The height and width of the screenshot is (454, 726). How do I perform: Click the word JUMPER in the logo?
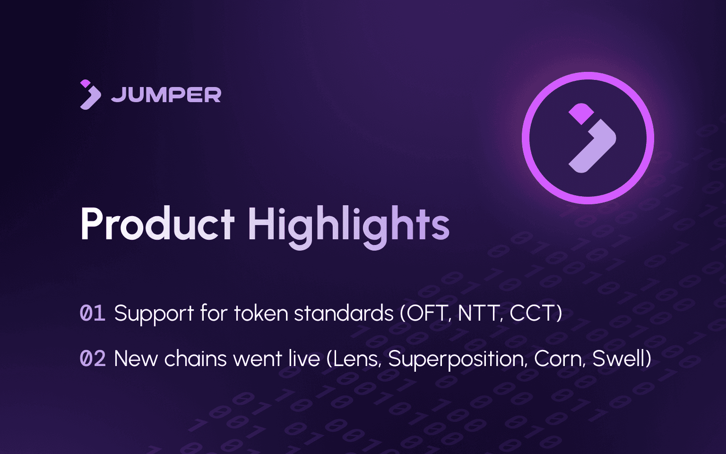[166, 95]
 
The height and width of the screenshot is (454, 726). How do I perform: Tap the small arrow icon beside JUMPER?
[90, 95]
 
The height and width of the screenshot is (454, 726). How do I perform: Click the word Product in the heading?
[157, 225]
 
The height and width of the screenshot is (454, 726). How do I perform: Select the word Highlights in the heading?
[348, 226]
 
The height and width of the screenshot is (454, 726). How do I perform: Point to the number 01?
[92, 314]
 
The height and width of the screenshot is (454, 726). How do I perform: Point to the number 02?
[93, 359]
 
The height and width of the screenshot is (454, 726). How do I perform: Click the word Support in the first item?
[154, 314]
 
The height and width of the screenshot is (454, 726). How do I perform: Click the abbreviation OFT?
[428, 314]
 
